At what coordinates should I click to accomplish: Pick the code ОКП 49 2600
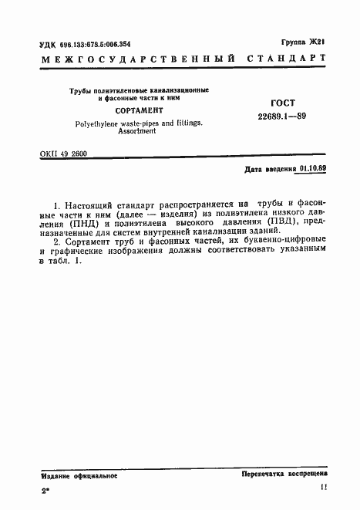[x=63, y=154]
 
